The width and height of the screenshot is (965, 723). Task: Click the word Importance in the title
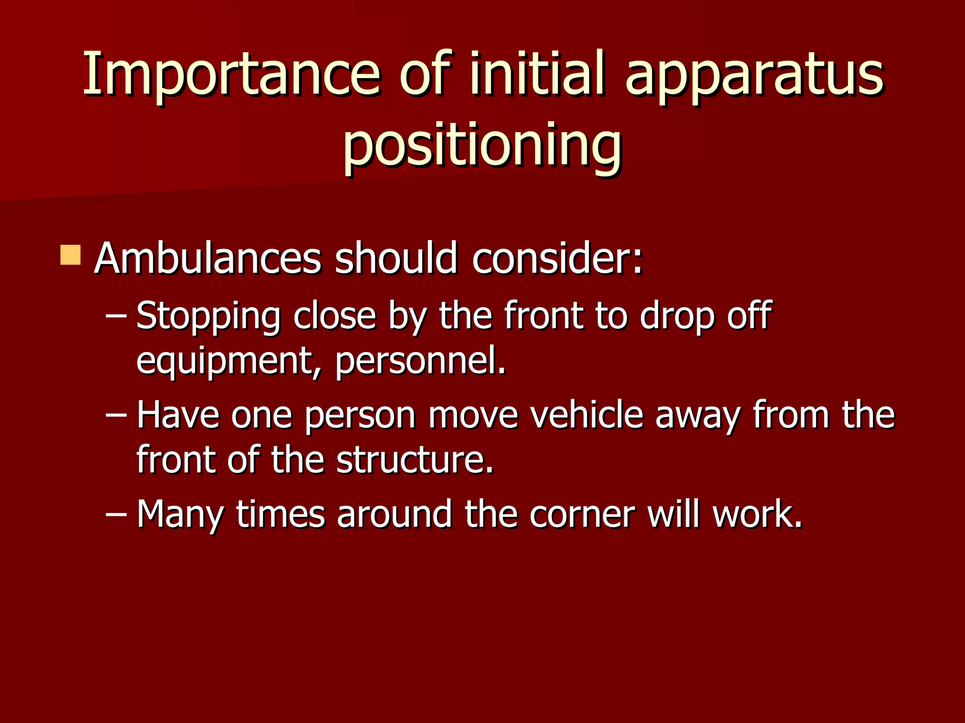231,74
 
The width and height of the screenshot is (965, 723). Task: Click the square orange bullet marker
71,255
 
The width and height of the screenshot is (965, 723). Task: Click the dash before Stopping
116,316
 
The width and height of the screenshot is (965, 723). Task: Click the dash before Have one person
116,416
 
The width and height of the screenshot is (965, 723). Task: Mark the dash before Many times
116,514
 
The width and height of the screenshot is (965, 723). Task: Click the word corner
582,514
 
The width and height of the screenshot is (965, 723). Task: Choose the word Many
180,514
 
